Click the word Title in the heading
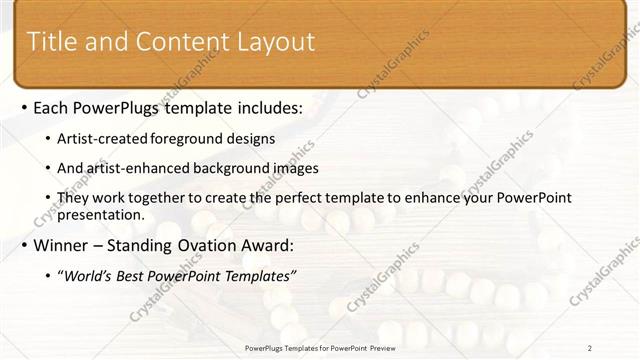(52, 41)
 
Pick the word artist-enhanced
(143, 168)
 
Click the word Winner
(64, 245)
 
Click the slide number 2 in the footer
(590, 347)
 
